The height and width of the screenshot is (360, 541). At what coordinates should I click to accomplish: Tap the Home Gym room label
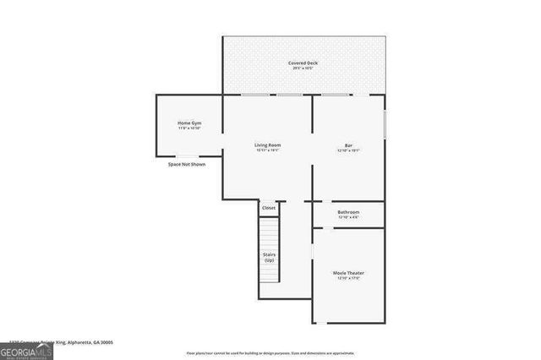click(x=189, y=123)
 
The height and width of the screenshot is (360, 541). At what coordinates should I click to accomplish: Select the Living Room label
click(x=268, y=145)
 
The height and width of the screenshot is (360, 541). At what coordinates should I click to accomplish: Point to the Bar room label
click(x=348, y=145)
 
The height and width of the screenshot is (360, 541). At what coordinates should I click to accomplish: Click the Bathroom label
click(x=348, y=212)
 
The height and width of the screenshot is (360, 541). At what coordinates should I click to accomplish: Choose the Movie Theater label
click(x=348, y=273)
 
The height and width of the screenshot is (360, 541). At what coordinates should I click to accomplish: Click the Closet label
click(x=268, y=207)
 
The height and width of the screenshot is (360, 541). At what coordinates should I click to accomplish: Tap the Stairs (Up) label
click(x=269, y=257)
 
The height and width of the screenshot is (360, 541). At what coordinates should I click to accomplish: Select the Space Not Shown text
click(x=186, y=164)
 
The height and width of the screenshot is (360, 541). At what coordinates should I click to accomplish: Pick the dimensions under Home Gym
click(x=189, y=129)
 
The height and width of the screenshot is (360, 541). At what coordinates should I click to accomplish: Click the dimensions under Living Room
click(x=268, y=151)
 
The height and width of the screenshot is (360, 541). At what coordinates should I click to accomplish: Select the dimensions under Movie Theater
click(x=348, y=279)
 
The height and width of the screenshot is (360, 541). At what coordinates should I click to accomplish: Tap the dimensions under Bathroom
click(x=348, y=218)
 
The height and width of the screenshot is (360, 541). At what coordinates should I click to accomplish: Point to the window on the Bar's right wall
click(x=385, y=123)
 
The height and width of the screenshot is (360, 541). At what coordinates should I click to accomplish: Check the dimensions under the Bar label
click(x=348, y=151)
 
